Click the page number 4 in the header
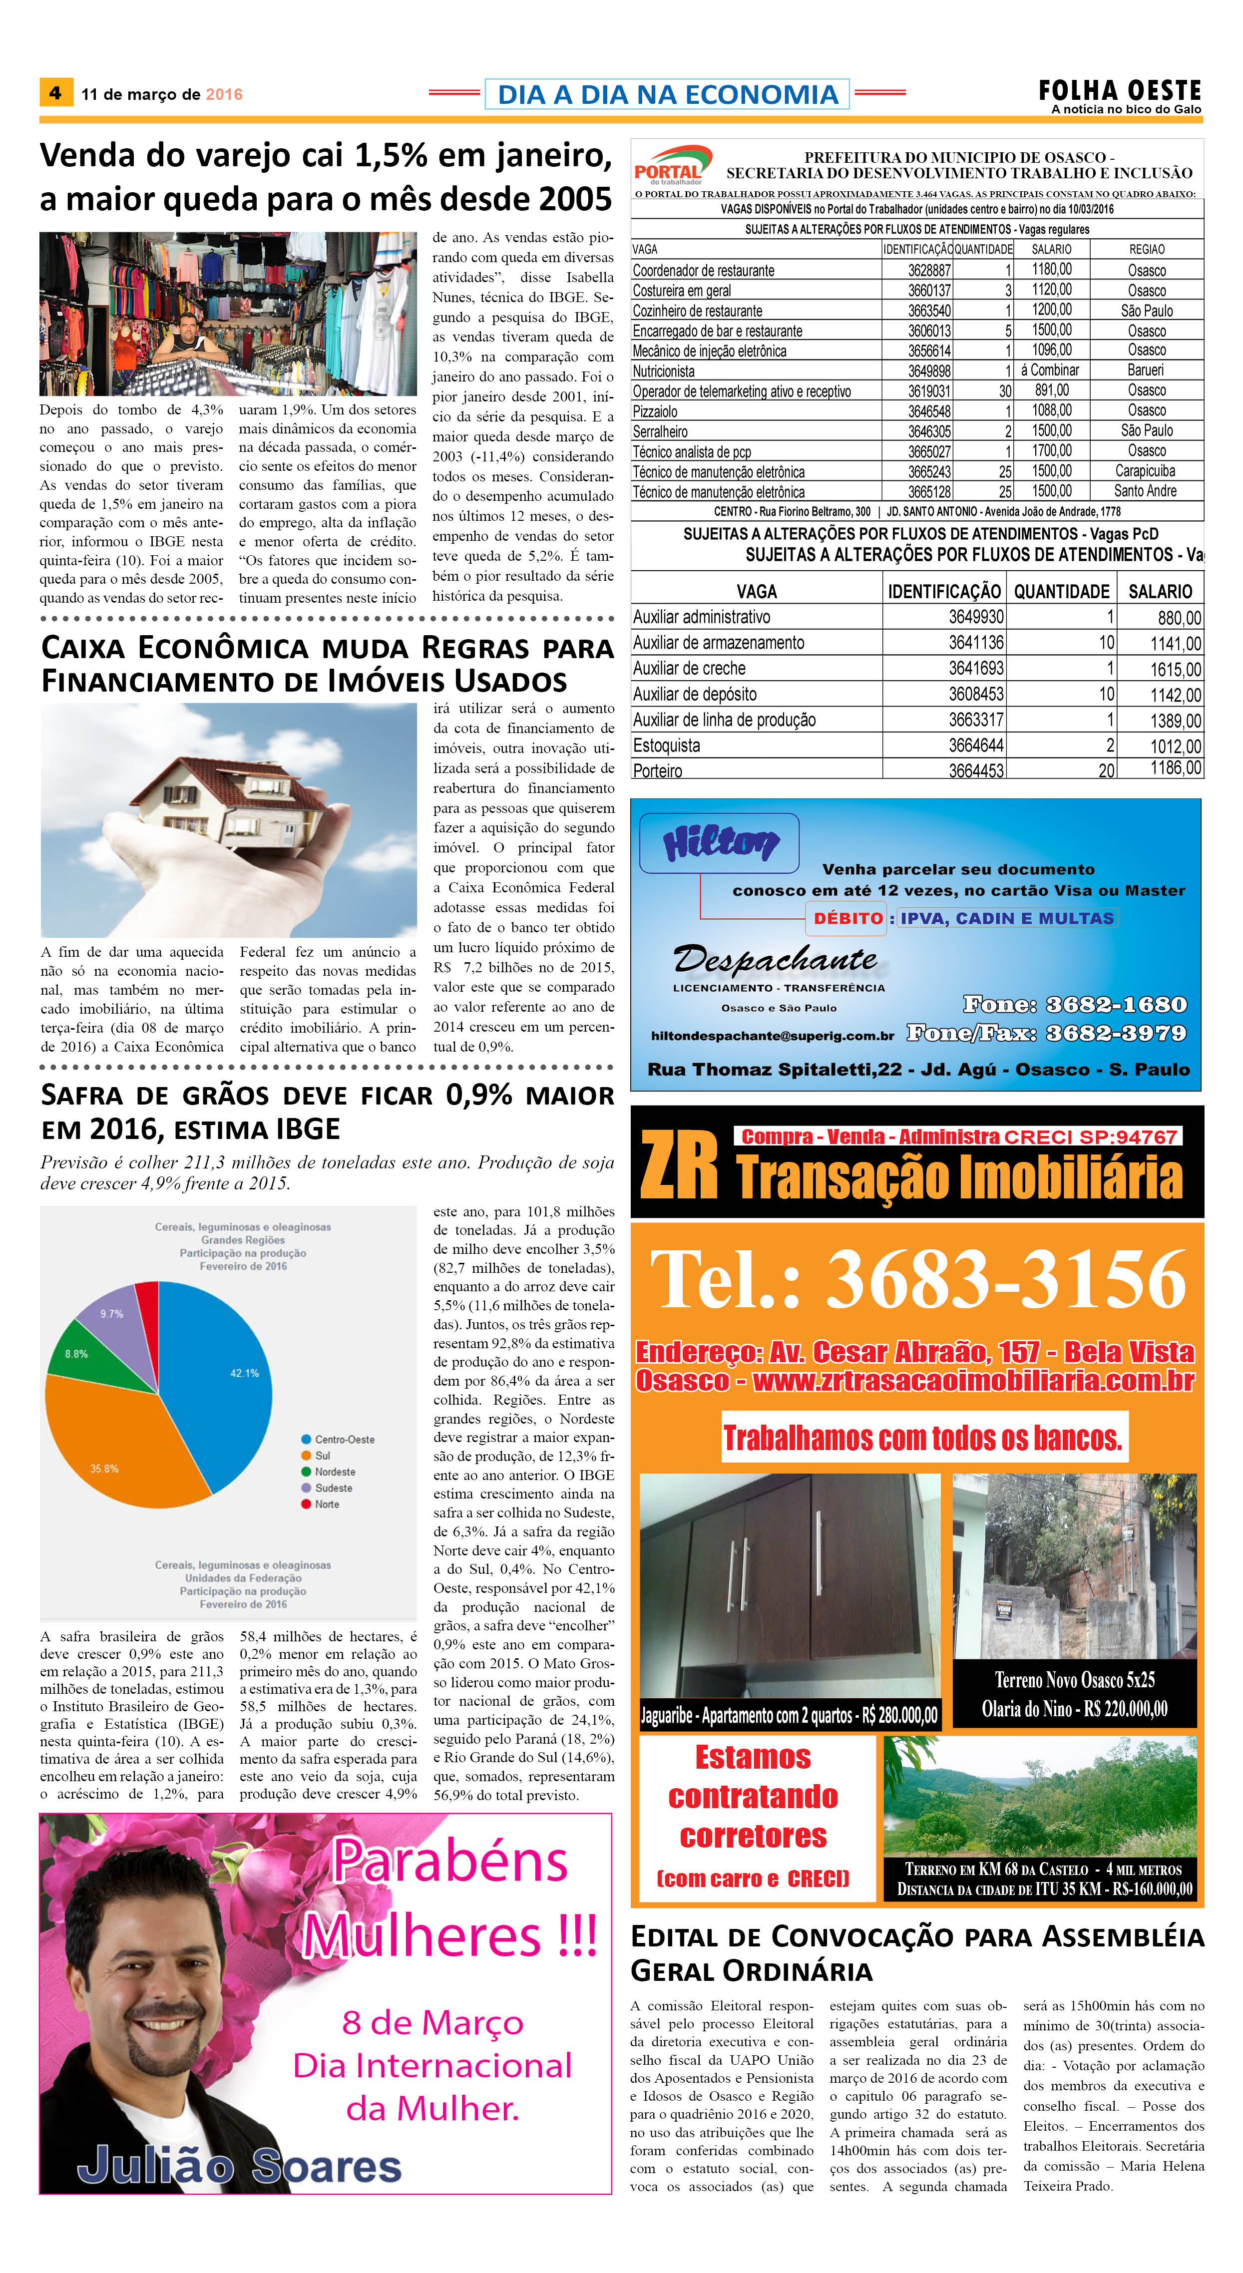(55, 93)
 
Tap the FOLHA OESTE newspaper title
(1120, 90)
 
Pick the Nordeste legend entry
(335, 1472)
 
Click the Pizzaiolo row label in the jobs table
(656, 411)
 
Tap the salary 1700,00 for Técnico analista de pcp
(1052, 451)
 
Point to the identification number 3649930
(976, 617)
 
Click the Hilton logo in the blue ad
(720, 843)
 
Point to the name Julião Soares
(239, 2165)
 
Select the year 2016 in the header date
(224, 94)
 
